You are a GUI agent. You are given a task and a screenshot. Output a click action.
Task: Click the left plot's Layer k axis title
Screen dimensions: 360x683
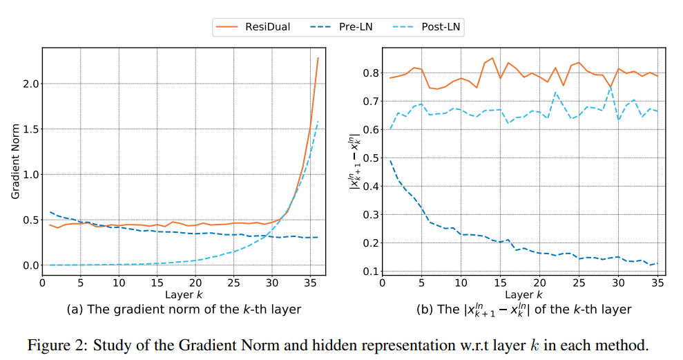pyautogui.click(x=184, y=294)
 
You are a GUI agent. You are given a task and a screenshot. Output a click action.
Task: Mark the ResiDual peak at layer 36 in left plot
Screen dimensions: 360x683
pyautogui.click(x=318, y=58)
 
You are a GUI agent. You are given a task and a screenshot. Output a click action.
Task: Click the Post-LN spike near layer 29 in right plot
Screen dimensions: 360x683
pyautogui.click(x=610, y=88)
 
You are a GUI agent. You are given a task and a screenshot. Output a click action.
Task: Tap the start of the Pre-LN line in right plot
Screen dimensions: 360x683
pyautogui.click(x=390, y=160)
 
